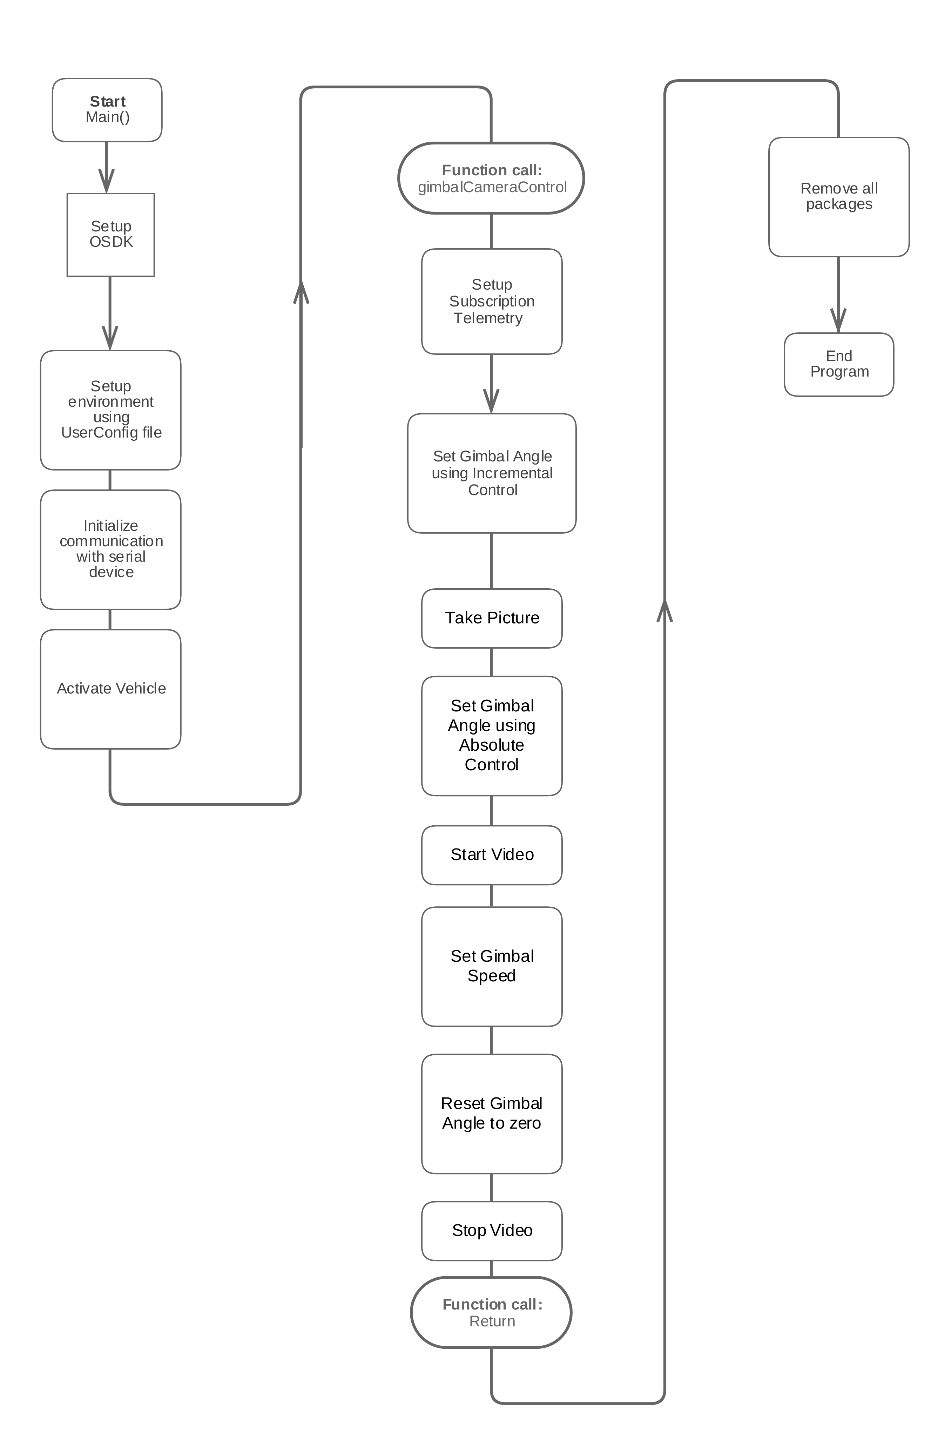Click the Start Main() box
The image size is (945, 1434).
click(x=107, y=110)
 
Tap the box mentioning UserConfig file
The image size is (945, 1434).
click(x=110, y=410)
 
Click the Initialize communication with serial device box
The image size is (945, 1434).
click(x=110, y=549)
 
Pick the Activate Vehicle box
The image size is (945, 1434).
click(x=110, y=689)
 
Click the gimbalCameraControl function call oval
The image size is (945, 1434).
click(x=491, y=178)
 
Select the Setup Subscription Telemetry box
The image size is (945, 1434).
click(x=491, y=301)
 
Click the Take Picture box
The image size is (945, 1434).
click(x=491, y=618)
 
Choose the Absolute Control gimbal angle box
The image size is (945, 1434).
click(x=491, y=735)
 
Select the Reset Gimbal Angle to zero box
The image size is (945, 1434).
click(x=491, y=1114)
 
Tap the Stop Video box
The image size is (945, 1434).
click(x=491, y=1230)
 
